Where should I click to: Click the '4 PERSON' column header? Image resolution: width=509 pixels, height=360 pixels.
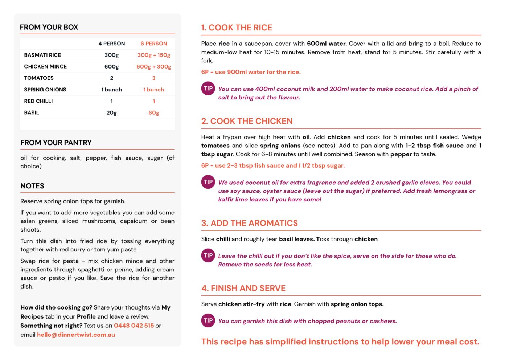pyautogui.click(x=111, y=44)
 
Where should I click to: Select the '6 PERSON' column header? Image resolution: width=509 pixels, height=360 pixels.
pyautogui.click(x=154, y=44)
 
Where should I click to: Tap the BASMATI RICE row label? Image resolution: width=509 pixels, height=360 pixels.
pyautogui.click(x=42, y=55)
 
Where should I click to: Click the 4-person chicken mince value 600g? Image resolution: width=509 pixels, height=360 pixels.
pyautogui.click(x=111, y=67)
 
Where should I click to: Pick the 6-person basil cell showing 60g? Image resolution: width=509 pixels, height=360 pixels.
pyautogui.click(x=154, y=113)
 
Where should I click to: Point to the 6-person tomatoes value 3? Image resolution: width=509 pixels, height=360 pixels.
pyautogui.click(x=154, y=78)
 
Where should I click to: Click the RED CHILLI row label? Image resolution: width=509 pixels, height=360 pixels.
pyautogui.click(x=38, y=101)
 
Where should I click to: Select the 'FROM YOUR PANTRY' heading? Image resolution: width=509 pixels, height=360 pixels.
pyautogui.click(x=56, y=143)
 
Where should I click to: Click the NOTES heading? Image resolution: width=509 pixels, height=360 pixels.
pyautogui.click(x=32, y=186)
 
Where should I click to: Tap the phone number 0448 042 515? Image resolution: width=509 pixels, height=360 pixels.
pyautogui.click(x=134, y=326)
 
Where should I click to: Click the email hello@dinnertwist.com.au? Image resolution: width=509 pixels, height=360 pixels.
pyautogui.click(x=76, y=335)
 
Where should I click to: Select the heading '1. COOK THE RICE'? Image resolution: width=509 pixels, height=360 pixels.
pyautogui.click(x=237, y=28)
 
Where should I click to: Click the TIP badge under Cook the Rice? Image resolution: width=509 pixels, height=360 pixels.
pyautogui.click(x=208, y=89)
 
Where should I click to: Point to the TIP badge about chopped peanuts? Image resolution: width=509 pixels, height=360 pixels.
pyautogui.click(x=208, y=320)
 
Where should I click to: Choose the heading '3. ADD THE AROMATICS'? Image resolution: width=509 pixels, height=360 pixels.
pyautogui.click(x=249, y=223)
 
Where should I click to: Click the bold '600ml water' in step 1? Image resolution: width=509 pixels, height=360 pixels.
pyautogui.click(x=326, y=44)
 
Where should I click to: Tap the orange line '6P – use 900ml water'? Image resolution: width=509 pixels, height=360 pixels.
pyautogui.click(x=251, y=72)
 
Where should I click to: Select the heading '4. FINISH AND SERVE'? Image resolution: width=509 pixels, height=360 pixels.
pyautogui.click(x=243, y=288)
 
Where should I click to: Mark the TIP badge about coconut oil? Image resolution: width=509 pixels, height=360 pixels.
pyautogui.click(x=208, y=182)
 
